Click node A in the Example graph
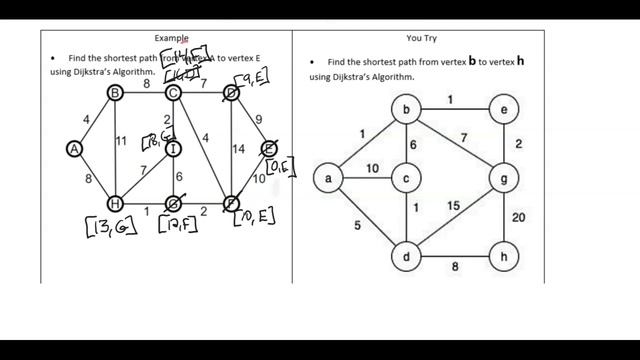pyautogui.click(x=74, y=148)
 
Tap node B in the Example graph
pyautogui.click(x=115, y=93)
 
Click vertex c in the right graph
pyautogui.click(x=406, y=179)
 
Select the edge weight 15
pyautogui.click(x=453, y=205)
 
